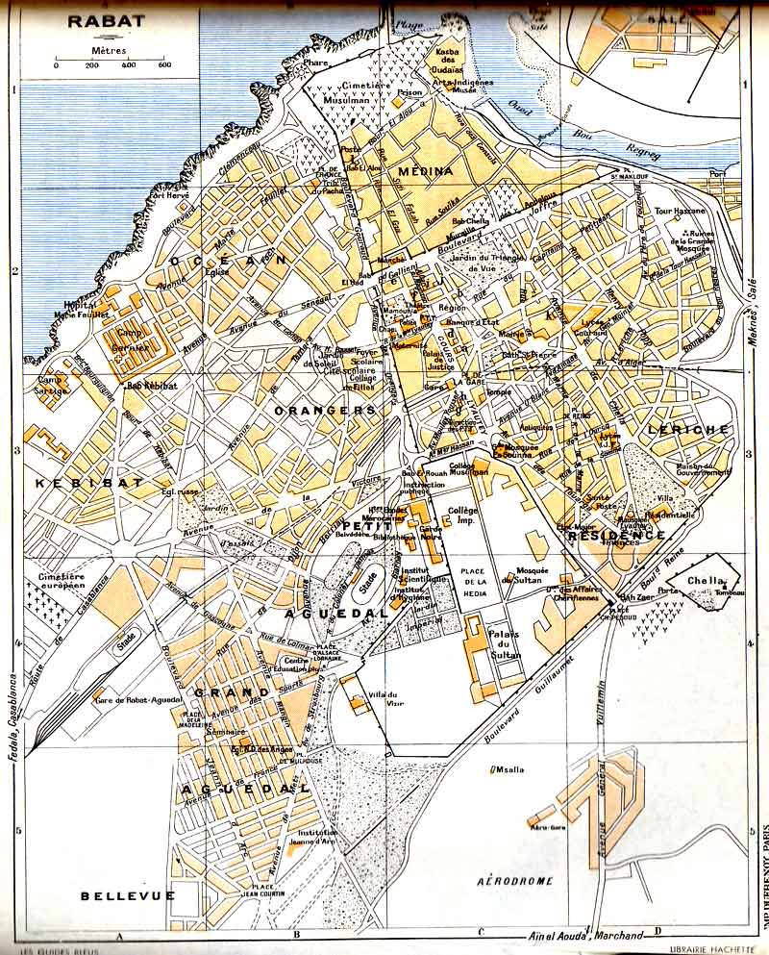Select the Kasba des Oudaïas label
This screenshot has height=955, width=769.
(x=452, y=58)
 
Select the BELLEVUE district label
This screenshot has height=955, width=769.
(x=128, y=895)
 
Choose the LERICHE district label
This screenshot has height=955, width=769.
(x=689, y=429)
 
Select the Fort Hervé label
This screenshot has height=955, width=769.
(x=169, y=196)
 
